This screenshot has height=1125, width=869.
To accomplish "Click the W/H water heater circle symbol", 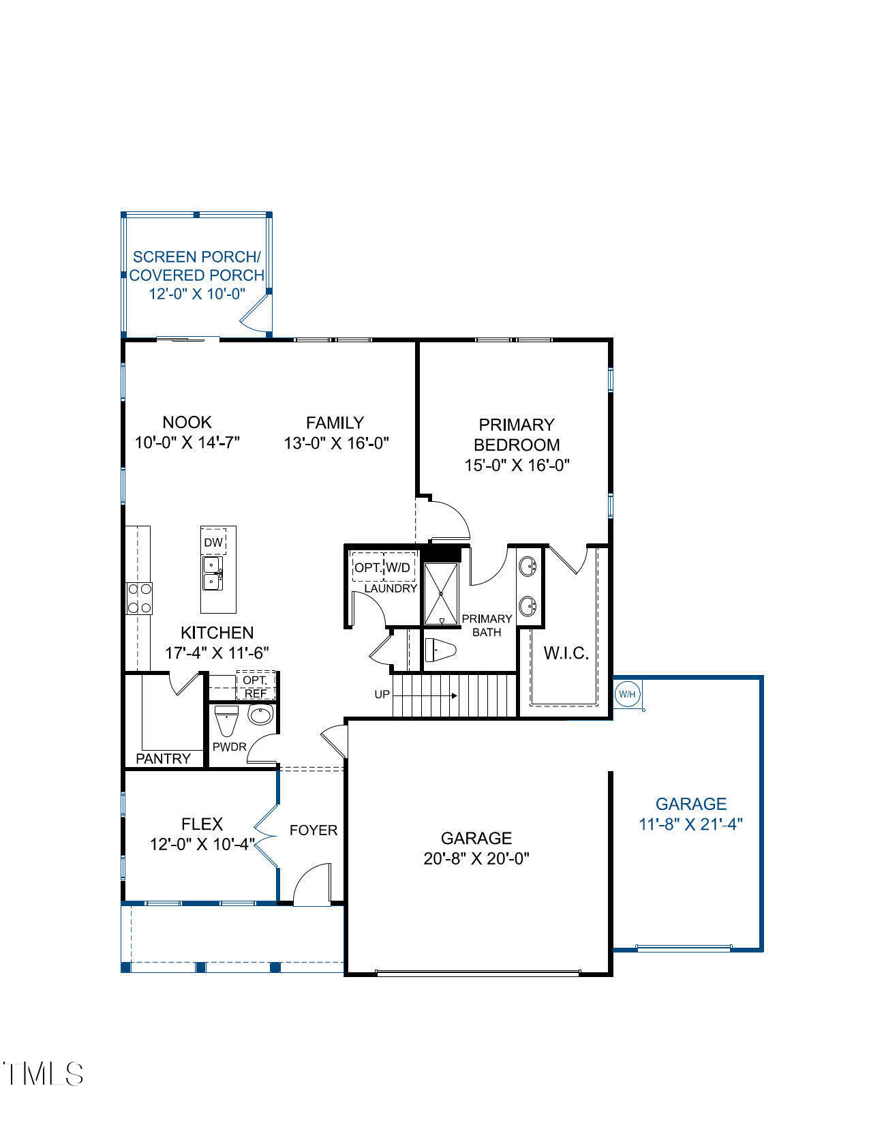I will click(x=627, y=694).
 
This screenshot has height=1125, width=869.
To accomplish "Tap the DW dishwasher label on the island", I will click(x=213, y=543).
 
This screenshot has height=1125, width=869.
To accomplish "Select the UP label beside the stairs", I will click(x=382, y=695).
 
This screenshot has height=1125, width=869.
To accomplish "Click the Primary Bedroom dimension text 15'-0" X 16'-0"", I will click(x=517, y=466).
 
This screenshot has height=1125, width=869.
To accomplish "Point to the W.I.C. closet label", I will click(x=566, y=653).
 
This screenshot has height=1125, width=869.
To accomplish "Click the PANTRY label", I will click(x=164, y=758).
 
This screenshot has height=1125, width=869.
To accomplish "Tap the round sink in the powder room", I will click(x=260, y=715).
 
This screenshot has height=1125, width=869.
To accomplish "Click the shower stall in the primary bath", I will click(x=441, y=594).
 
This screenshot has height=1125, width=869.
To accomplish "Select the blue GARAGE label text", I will click(x=690, y=804).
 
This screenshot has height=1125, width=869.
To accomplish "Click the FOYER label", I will click(x=314, y=830).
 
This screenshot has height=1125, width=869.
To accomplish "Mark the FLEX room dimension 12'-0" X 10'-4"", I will click(x=202, y=844).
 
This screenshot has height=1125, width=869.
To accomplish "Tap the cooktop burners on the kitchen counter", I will click(x=139, y=599).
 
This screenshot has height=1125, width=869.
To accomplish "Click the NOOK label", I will click(x=187, y=422).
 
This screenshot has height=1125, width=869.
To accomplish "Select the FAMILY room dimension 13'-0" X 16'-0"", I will click(x=336, y=443).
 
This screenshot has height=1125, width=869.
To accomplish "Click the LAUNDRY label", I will click(x=390, y=588).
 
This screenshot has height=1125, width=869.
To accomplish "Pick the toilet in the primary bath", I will click(x=440, y=650).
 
